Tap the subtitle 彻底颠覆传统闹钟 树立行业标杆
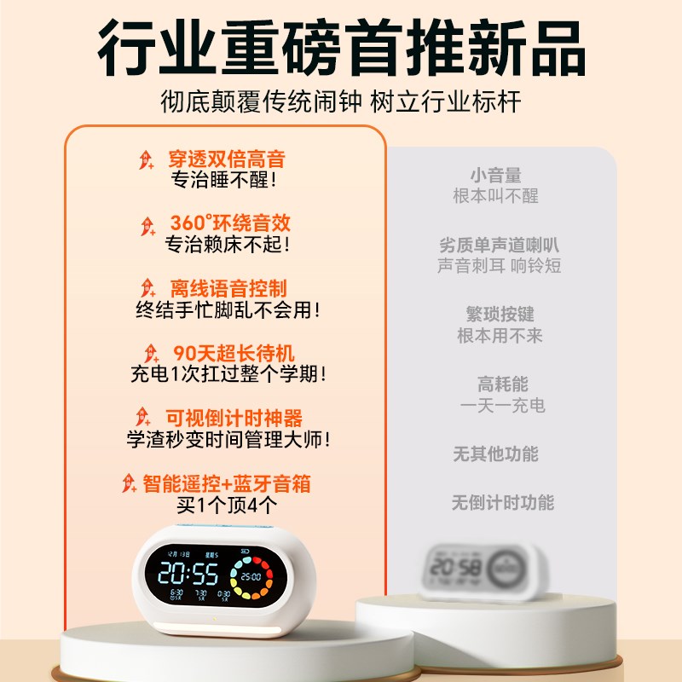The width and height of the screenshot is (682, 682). pyautogui.click(x=341, y=102)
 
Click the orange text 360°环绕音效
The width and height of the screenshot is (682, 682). pyautogui.click(x=230, y=223)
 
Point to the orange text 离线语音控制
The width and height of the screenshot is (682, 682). pyautogui.click(x=228, y=288)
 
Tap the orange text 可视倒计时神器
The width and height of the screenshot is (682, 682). pyautogui.click(x=233, y=419)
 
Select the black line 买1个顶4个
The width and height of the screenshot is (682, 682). pyautogui.click(x=227, y=506)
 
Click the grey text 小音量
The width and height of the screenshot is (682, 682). pyautogui.click(x=495, y=176)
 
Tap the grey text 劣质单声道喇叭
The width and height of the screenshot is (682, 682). pyautogui.click(x=500, y=246)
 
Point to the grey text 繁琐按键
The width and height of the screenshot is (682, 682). pyautogui.click(x=500, y=315)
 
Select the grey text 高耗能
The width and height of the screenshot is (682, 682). pyautogui.click(x=502, y=385)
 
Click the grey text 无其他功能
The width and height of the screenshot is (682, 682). pyautogui.click(x=495, y=454)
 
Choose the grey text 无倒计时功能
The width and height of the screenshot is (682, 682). pyautogui.click(x=502, y=503)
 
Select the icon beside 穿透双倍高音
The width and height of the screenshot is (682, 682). pyautogui.click(x=147, y=159)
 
